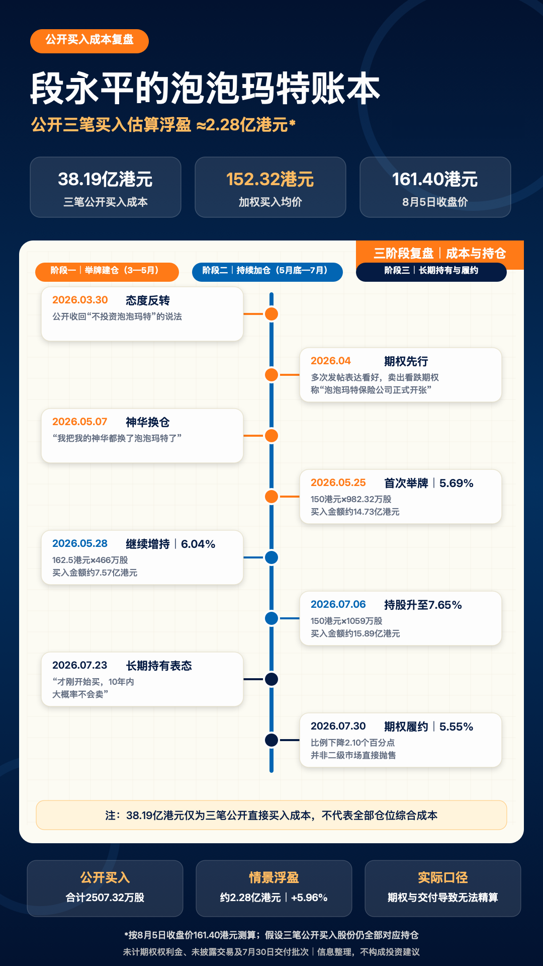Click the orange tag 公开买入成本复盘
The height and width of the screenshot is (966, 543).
point(89,41)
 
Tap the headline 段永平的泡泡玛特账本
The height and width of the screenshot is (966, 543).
point(205,89)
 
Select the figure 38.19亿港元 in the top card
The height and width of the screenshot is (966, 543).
point(105,179)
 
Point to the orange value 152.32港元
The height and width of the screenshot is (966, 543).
point(270,179)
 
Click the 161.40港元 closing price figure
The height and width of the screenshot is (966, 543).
point(435,179)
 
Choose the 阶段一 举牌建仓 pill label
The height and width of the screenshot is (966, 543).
point(107,272)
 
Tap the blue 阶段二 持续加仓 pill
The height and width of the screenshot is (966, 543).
point(267,272)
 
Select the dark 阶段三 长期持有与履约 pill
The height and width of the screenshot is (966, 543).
point(431,272)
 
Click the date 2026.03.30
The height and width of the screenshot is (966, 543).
point(80,300)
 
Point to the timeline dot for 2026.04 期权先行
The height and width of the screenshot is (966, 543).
point(271,375)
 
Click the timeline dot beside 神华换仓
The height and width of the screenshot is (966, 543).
point(271,436)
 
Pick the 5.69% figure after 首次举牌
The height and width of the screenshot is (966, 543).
point(457,483)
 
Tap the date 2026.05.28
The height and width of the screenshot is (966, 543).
point(80,543)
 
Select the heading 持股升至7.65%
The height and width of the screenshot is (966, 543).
point(423,605)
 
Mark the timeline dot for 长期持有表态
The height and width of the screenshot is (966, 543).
point(271,679)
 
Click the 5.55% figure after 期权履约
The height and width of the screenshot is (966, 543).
point(457,727)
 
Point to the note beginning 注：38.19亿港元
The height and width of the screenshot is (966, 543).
point(271,815)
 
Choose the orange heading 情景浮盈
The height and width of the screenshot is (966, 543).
point(274,877)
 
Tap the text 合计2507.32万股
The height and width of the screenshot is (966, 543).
point(105,898)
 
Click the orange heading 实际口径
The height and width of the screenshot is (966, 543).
point(443,877)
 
